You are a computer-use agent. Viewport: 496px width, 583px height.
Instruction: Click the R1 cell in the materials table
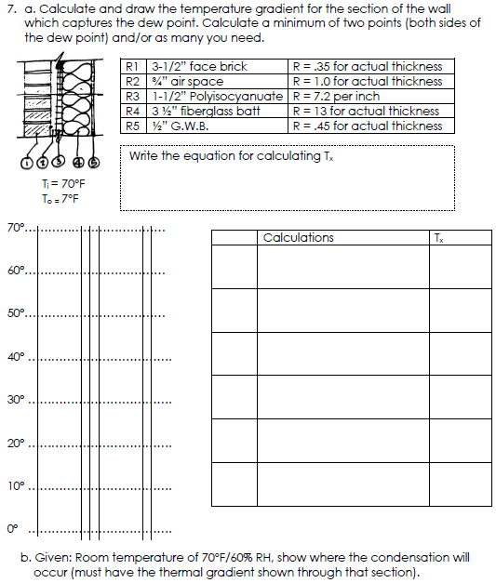pyautogui.click(x=131, y=67)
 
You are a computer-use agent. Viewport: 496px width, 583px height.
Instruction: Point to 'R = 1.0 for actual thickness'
pyautogui.click(x=367, y=82)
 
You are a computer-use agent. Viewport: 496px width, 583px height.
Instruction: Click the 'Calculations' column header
pyautogui.click(x=299, y=238)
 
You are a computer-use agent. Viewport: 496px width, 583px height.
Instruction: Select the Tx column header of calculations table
pyautogui.click(x=439, y=238)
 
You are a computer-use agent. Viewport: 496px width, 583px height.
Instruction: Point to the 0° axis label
pyautogui.click(x=13, y=531)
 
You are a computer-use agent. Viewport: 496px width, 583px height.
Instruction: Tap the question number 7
pyautogui.click(x=9, y=9)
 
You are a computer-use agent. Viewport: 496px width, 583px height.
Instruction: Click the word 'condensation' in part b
pyautogui.click(x=392, y=558)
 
